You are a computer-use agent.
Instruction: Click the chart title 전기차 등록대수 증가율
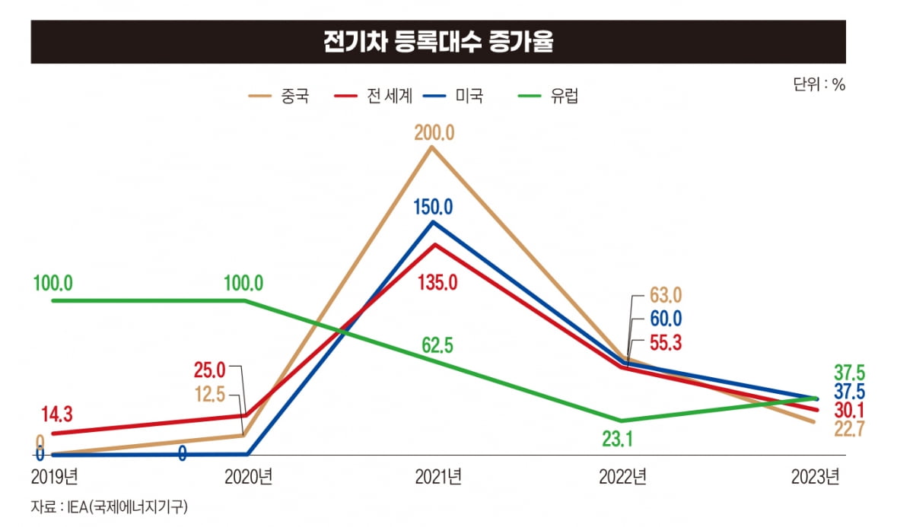point(437,43)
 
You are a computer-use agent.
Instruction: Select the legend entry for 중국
point(279,97)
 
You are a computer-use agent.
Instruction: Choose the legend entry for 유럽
point(549,97)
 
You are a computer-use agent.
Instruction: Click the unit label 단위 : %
point(819,84)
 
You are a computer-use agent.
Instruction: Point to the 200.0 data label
point(434,133)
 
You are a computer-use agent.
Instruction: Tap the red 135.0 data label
point(437,284)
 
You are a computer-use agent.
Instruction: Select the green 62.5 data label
point(437,346)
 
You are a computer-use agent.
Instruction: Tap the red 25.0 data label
point(210,370)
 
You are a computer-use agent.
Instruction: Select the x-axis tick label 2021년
point(438,478)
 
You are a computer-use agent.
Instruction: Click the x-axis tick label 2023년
point(815,478)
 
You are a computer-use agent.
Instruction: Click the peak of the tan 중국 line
point(433,147)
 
